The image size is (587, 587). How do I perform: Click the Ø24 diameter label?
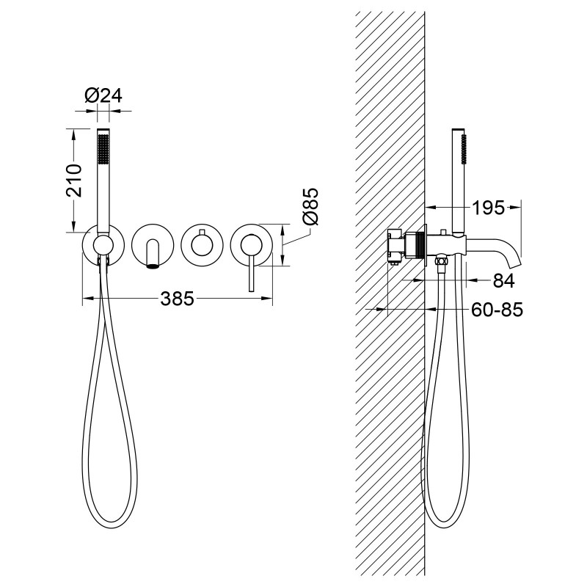(x=103, y=95)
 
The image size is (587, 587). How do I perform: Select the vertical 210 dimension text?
(x=74, y=180)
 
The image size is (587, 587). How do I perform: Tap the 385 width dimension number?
(x=177, y=299)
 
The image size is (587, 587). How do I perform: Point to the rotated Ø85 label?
(x=310, y=206)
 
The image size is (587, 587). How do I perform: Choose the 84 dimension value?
(x=504, y=280)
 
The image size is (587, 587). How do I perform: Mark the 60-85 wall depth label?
(x=497, y=310)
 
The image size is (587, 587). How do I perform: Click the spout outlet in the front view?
(x=153, y=266)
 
